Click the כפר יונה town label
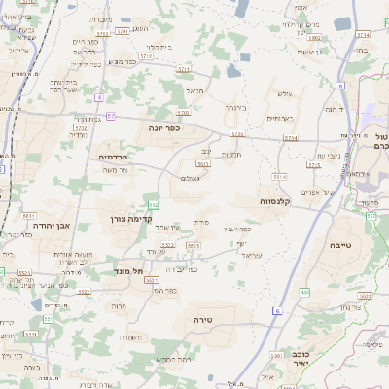(x=159, y=127)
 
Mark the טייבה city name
(x=344, y=246)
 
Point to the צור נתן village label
(x=350, y=307)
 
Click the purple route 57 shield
(x=111, y=116)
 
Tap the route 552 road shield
(x=154, y=205)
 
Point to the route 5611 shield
(x=29, y=215)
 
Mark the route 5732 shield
(x=81, y=127)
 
